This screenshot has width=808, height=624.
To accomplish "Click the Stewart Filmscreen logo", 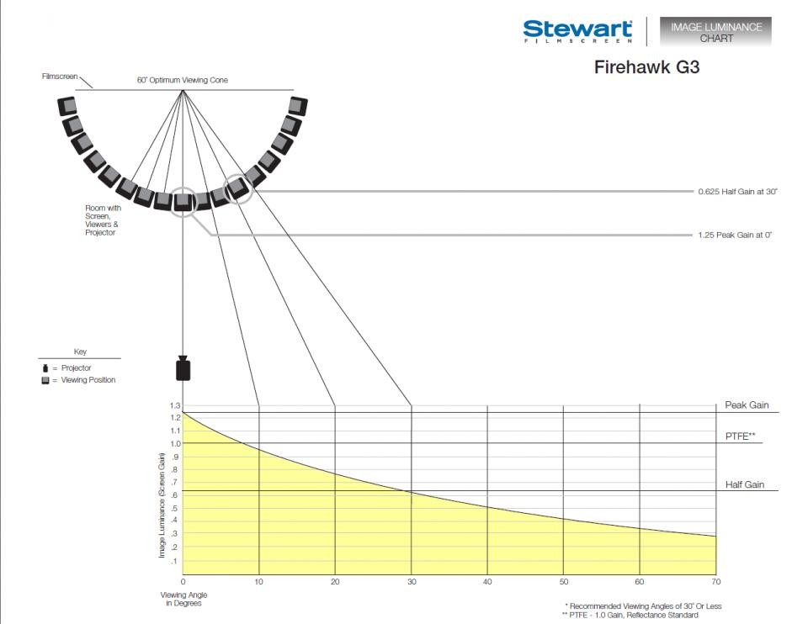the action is pyautogui.click(x=577, y=31).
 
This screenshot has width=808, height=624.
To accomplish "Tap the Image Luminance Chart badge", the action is pyautogui.click(x=715, y=32).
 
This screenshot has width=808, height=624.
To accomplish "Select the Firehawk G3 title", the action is pyautogui.click(x=646, y=67).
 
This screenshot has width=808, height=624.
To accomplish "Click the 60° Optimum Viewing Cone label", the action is pyautogui.click(x=183, y=80).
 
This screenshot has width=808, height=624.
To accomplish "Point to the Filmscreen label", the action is pyautogui.click(x=60, y=77).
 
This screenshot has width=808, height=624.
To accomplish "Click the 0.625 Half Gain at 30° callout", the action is pyautogui.click(x=737, y=192).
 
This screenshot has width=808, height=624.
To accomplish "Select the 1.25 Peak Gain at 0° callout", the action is pyautogui.click(x=735, y=235).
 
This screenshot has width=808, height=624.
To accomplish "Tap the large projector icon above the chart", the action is pyautogui.click(x=183, y=368).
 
